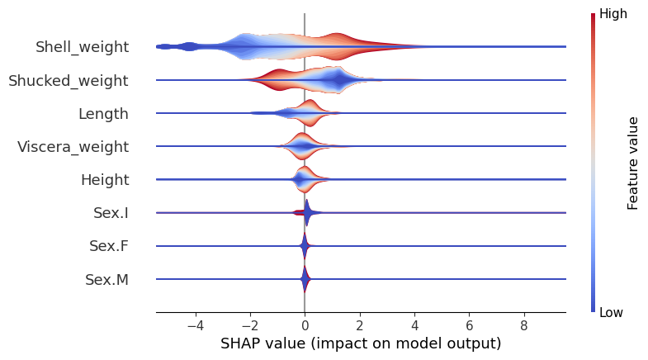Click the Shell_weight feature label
click(82, 47)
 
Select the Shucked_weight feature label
click(69, 80)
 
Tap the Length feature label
click(103, 114)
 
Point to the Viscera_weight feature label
click(73, 147)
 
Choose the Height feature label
click(104, 180)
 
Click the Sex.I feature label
click(111, 213)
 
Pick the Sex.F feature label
click(108, 246)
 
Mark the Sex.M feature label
click(106, 280)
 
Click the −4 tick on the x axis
click(195, 325)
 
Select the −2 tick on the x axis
click(249, 325)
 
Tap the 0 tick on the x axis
click(305, 325)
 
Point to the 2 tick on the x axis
click(359, 325)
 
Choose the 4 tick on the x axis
click(414, 325)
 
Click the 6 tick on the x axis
click(469, 325)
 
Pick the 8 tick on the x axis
click(523, 325)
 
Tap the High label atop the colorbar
click(612, 14)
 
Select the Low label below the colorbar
click(611, 312)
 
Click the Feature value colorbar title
click(633, 163)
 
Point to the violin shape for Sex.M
click(305, 279)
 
